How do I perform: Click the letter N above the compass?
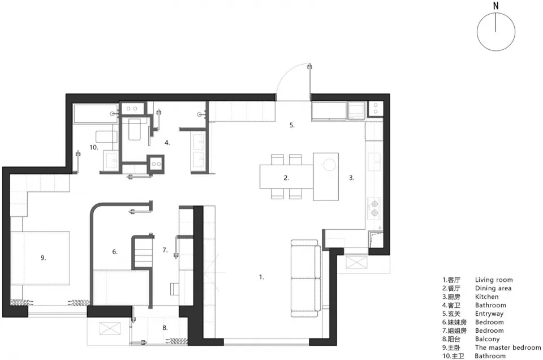click(496, 6)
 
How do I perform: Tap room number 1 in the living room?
click(261, 277)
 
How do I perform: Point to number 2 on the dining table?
click(286, 178)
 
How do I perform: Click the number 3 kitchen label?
click(351, 178)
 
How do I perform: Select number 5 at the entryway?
click(292, 125)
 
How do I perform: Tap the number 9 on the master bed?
click(44, 258)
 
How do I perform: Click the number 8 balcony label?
click(165, 328)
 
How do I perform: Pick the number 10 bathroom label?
click(93, 147)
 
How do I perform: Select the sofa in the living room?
click(305, 278)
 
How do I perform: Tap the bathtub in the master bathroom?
click(96, 114)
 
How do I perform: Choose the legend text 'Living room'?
click(493, 280)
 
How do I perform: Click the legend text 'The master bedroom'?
click(508, 348)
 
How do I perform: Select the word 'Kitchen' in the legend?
click(486, 297)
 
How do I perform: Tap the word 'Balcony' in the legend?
click(487, 339)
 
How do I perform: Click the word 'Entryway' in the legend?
click(489, 314)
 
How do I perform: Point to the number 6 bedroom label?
click(115, 252)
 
